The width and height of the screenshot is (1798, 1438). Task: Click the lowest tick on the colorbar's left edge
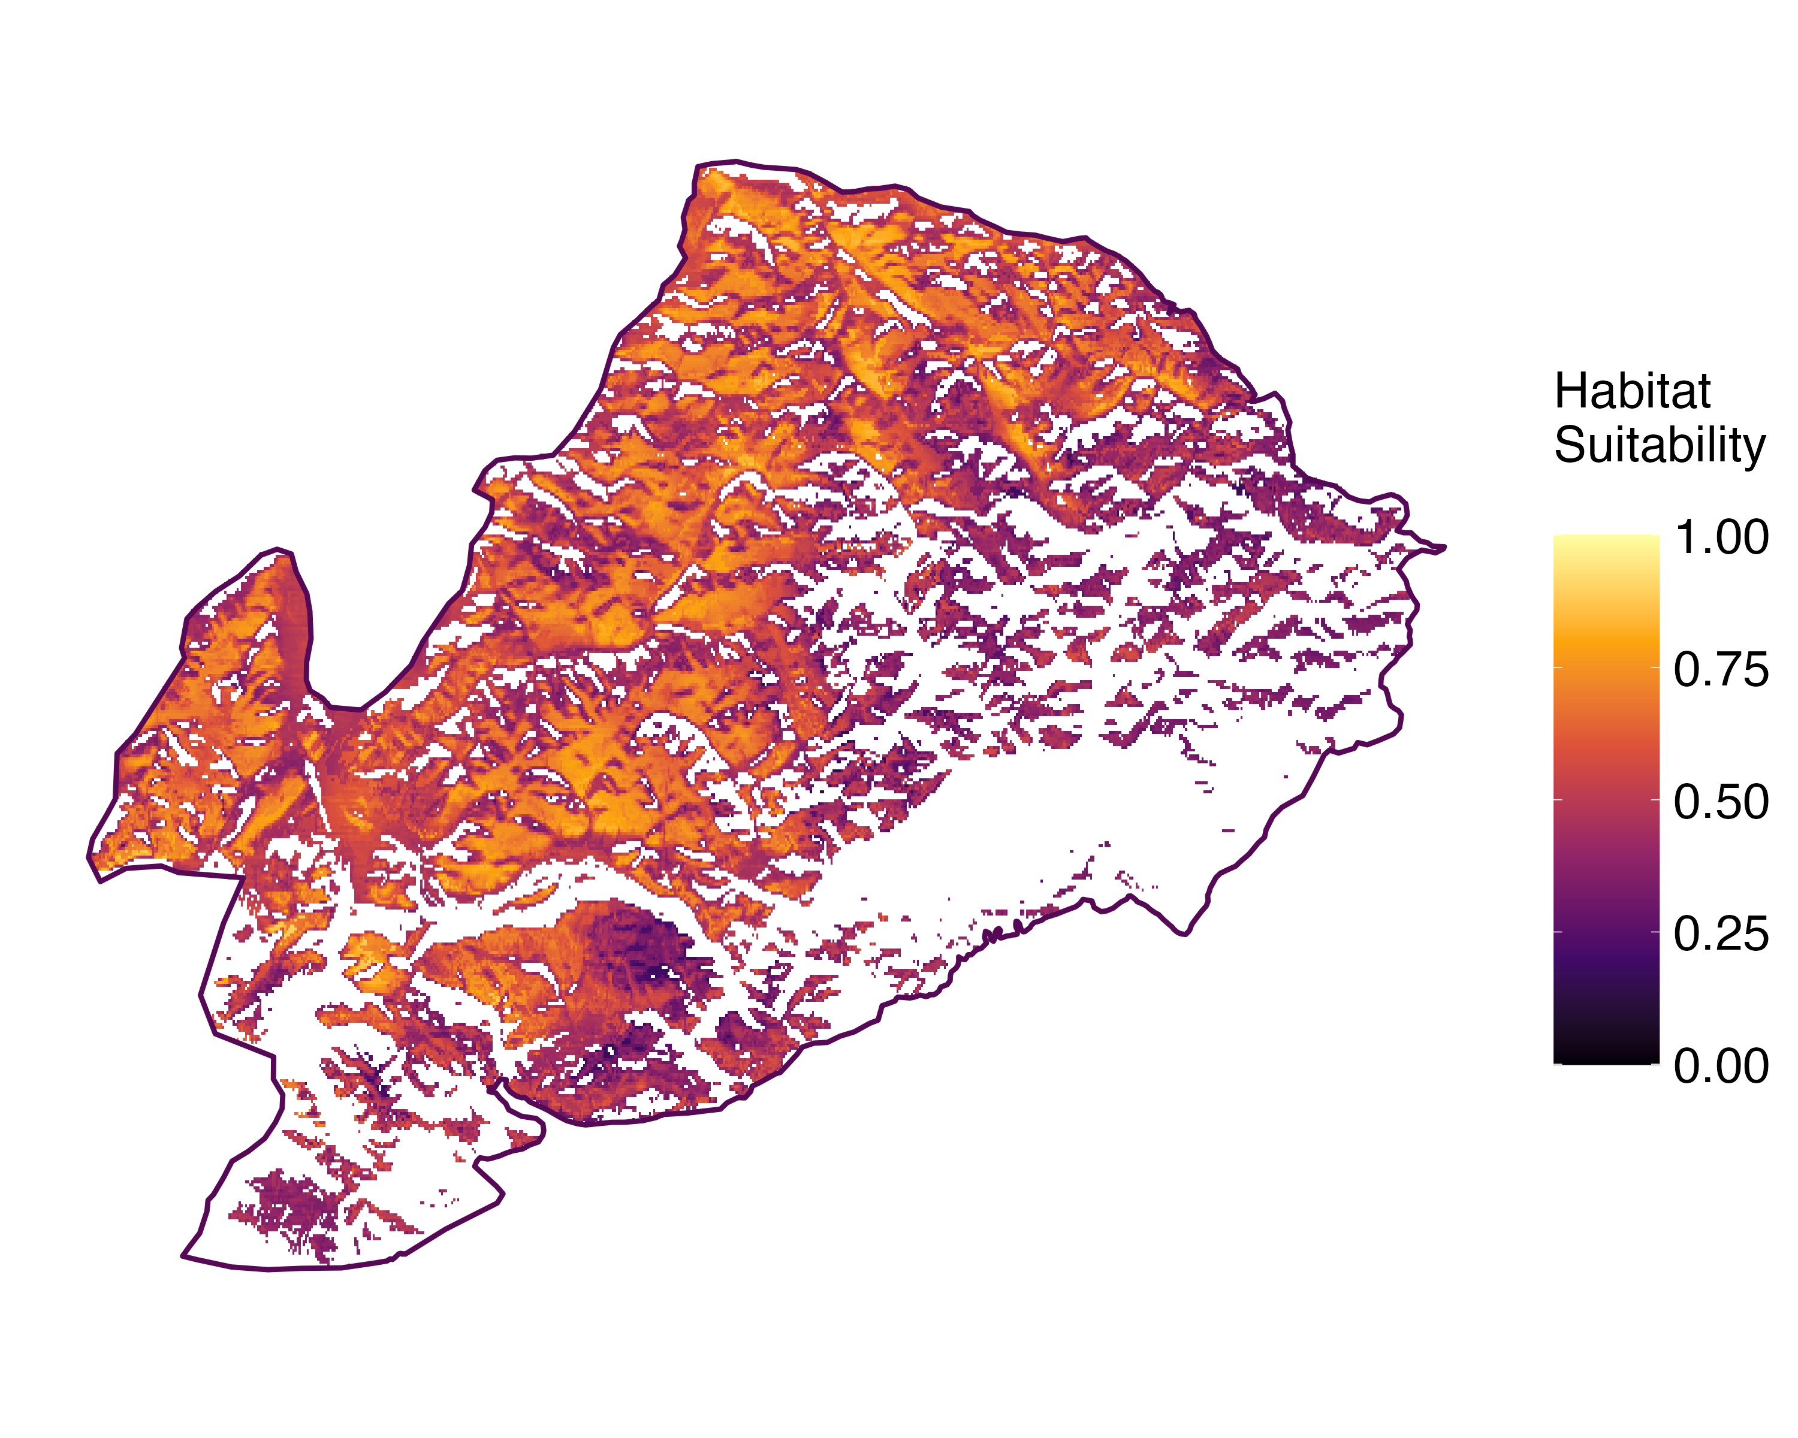tap(1557, 1064)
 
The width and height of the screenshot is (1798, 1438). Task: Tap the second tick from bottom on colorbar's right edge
tap(1655, 931)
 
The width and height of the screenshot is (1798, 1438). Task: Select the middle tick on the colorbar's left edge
tap(1557, 799)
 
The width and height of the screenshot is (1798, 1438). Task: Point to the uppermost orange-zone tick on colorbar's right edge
tap(1655, 667)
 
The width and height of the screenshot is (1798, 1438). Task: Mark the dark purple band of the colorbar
tap(1606, 959)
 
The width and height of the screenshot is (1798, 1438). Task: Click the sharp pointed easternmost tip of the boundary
tap(1445, 548)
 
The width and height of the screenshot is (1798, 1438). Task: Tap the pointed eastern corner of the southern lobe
tap(503, 1197)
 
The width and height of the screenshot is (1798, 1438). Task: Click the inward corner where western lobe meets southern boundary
tap(242, 876)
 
